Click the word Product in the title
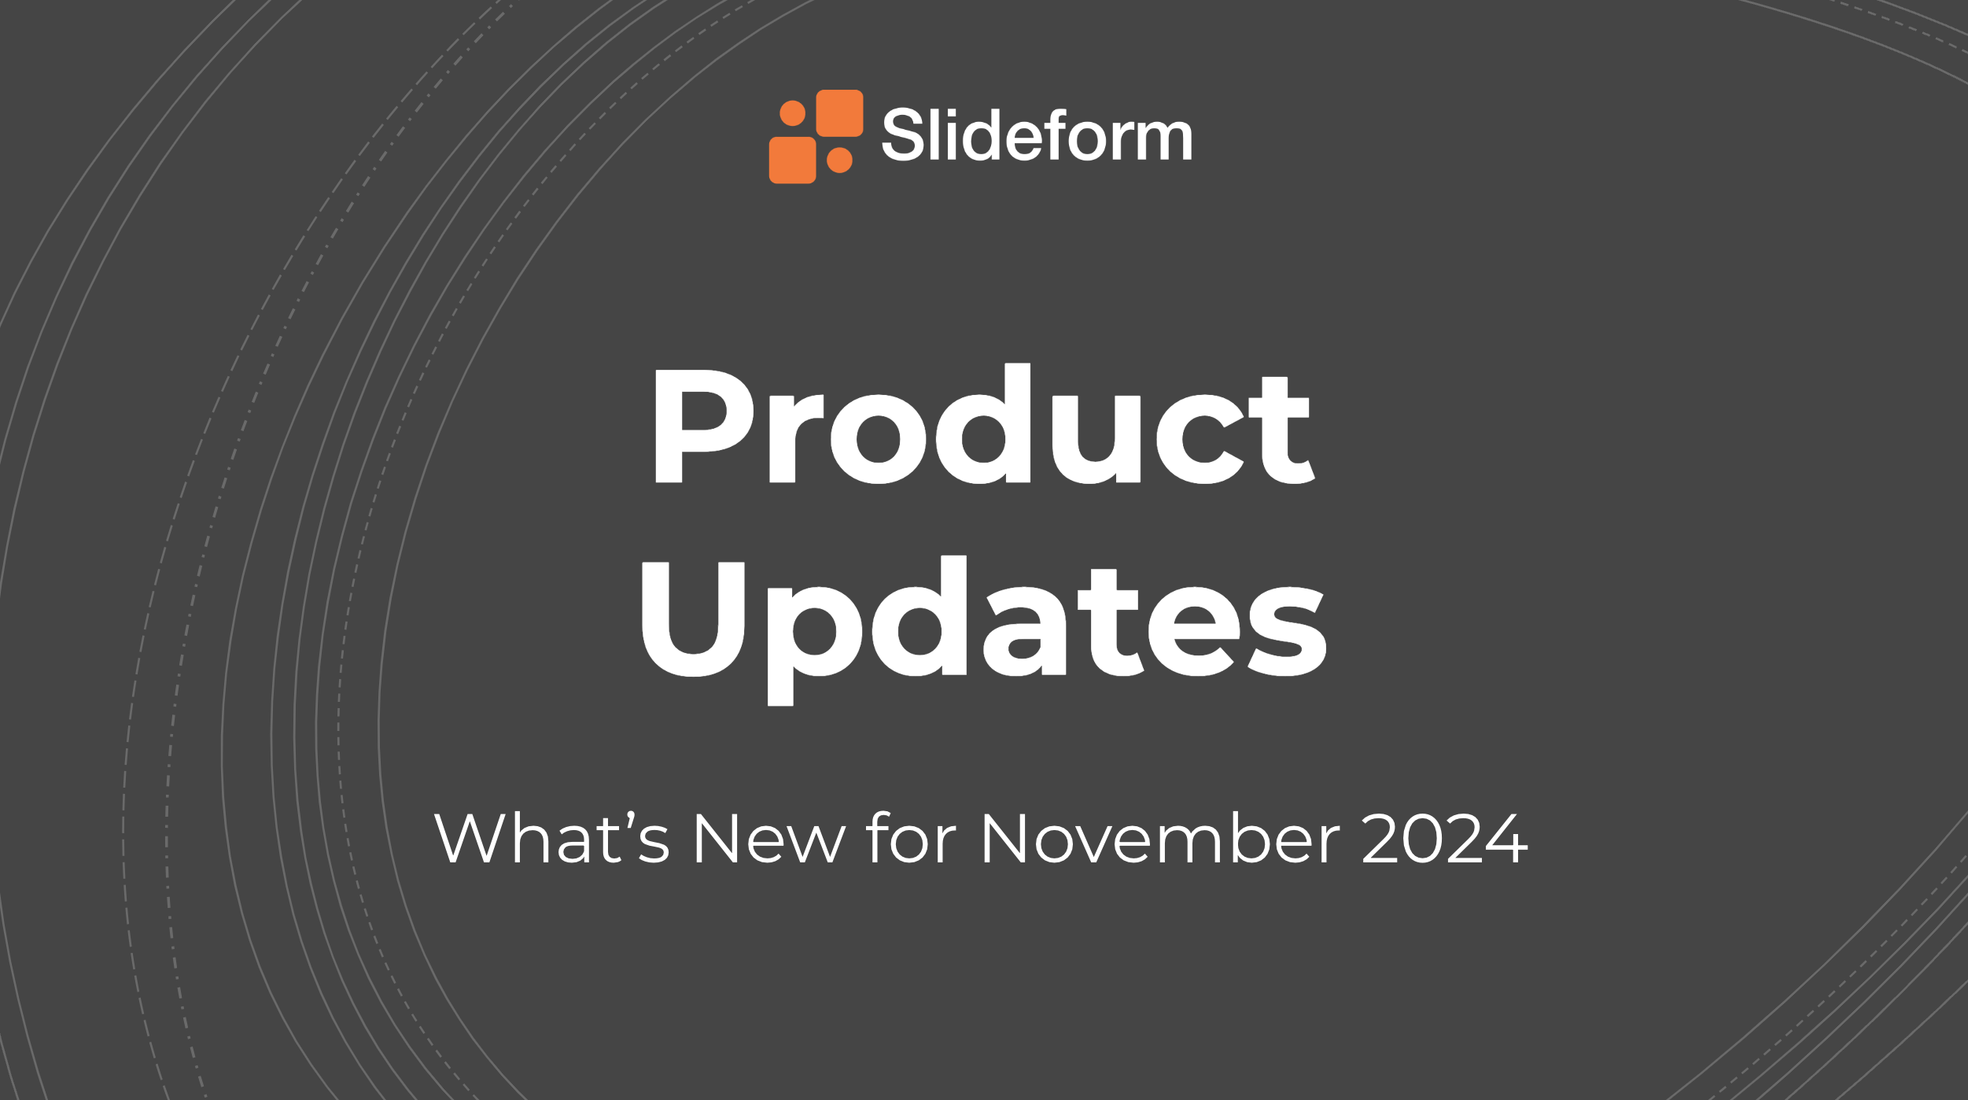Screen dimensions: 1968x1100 click(983, 423)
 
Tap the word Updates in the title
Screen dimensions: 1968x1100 click(984, 629)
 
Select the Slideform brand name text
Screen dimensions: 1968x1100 click(1037, 135)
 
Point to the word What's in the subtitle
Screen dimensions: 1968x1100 click(551, 837)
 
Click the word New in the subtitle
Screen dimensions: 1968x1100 click(769, 839)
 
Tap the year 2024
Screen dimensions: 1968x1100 click(1445, 838)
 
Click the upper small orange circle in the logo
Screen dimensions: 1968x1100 click(792, 113)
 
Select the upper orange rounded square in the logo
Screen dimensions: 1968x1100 click(839, 113)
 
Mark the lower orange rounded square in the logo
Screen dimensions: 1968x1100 click(792, 161)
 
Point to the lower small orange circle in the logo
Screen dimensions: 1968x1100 click(839, 161)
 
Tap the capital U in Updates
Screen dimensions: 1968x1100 click(693, 619)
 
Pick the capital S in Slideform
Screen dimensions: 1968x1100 click(903, 135)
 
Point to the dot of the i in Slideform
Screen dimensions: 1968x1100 click(952, 113)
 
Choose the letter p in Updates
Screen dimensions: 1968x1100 click(815, 646)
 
